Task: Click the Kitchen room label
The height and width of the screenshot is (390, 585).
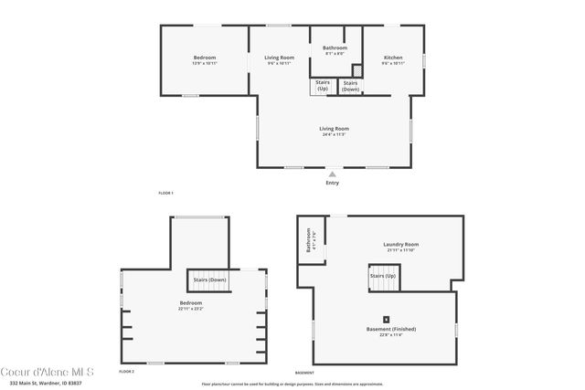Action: [x=392, y=58]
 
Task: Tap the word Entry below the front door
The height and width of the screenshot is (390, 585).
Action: [x=332, y=184]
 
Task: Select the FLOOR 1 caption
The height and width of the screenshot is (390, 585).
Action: [x=165, y=194]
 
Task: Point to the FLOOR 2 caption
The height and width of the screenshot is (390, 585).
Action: [x=126, y=373]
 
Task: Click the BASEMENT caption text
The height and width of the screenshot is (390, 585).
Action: [x=304, y=373]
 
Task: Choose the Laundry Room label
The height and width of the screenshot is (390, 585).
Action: [x=400, y=244]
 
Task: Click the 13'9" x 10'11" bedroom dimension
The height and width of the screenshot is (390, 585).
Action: [x=204, y=64]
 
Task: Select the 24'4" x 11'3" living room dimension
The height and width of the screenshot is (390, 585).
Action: [x=334, y=135]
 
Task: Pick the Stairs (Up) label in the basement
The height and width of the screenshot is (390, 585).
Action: [x=382, y=275]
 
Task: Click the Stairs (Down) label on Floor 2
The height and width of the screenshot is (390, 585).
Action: [x=208, y=279]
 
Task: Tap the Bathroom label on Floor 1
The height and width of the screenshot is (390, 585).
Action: [x=335, y=47]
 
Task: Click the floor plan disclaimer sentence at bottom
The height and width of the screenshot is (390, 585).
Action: [x=292, y=385]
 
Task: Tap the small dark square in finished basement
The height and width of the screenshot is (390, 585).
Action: [x=386, y=319]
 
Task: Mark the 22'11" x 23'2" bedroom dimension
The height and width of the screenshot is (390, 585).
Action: [x=191, y=309]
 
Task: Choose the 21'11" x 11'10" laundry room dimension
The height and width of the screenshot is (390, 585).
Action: [x=400, y=250]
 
